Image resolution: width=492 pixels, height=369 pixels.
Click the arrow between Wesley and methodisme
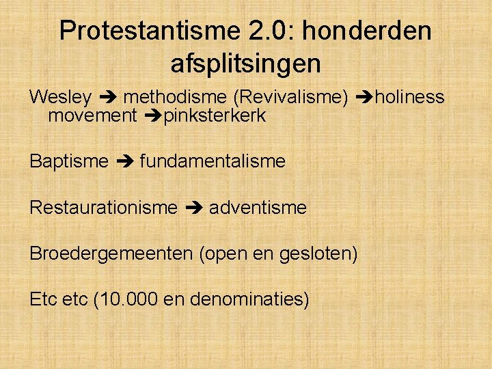107,98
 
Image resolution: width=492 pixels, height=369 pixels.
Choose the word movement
92,115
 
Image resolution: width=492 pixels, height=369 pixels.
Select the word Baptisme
69,161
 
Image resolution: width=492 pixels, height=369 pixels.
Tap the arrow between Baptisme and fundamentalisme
125,162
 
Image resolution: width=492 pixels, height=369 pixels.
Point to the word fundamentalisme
213,161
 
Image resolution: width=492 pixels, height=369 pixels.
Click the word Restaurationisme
103,207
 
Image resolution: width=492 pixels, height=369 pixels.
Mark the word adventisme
258,207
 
